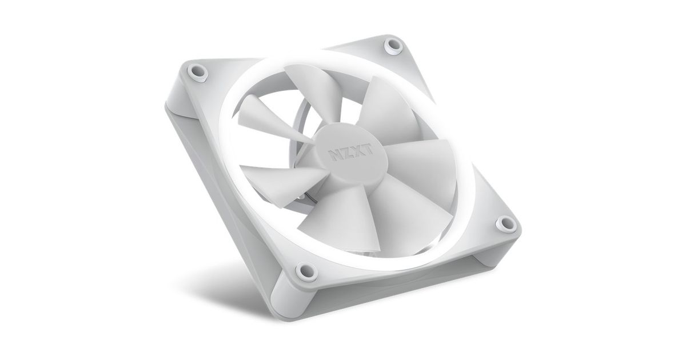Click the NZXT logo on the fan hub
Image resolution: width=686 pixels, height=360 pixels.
point(350,152)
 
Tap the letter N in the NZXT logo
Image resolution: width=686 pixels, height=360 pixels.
point(334,155)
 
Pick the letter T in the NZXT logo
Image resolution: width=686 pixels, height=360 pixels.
point(368,149)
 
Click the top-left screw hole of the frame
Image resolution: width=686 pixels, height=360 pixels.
point(198,72)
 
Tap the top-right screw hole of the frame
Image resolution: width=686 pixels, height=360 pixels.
point(393,46)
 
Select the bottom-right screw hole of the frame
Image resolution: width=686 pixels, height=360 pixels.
point(506,223)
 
